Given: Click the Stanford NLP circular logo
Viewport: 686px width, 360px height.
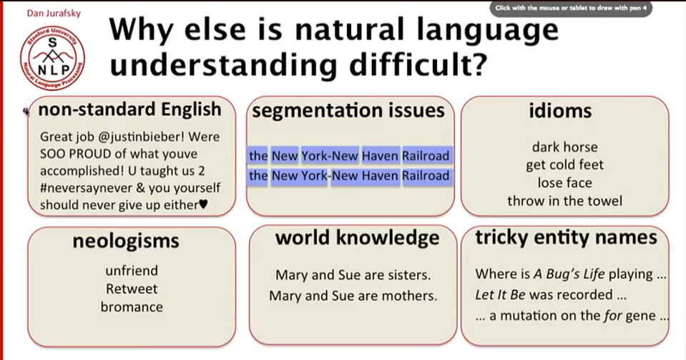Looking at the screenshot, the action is click(x=52, y=58).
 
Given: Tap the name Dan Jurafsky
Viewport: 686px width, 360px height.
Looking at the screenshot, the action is click(x=54, y=13).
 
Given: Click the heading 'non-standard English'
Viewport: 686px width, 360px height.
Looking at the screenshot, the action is click(x=130, y=110).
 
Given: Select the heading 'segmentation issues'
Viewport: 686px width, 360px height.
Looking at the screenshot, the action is click(x=348, y=110).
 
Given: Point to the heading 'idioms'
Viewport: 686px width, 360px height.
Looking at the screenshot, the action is click(x=560, y=110).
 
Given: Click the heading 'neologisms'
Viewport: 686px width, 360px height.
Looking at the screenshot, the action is click(x=126, y=241).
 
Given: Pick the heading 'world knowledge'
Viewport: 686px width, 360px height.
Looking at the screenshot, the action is click(x=357, y=238).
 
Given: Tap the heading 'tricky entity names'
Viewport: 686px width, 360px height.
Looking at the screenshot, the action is click(x=566, y=238).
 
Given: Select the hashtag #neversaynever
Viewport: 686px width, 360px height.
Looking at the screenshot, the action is click(x=86, y=188).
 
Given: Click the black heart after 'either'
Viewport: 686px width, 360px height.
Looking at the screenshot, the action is click(x=203, y=204).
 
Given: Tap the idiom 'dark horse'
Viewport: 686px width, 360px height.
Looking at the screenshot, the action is click(x=564, y=147).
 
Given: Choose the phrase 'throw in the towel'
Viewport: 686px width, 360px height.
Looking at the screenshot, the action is click(x=564, y=200).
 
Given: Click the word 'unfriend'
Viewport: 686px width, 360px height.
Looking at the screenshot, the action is click(x=132, y=271).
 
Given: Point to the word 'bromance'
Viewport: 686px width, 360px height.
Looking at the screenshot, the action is click(x=132, y=307).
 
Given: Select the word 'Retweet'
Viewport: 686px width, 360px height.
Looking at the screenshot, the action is click(x=132, y=289).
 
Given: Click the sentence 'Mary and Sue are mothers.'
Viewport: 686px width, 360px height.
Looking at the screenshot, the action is click(x=353, y=296).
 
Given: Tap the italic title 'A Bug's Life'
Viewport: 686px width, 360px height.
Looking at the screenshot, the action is click(x=569, y=274).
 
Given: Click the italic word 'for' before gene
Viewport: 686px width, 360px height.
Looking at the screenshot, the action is click(x=612, y=316).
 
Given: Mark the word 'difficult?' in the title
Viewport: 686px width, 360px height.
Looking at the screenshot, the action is click(x=418, y=64).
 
